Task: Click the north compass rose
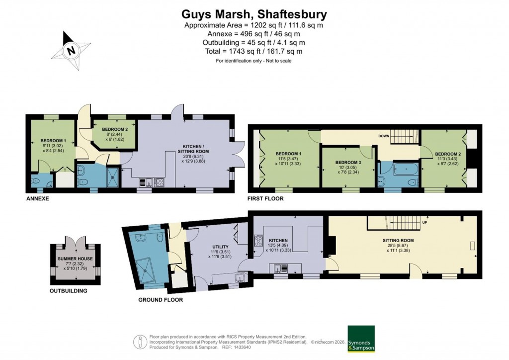(x=73, y=50)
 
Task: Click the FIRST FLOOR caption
(x=265, y=198)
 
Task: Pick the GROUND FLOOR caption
(x=161, y=300)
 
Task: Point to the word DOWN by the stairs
(x=383, y=135)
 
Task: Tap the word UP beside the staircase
(x=424, y=222)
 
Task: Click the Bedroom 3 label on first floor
(x=348, y=163)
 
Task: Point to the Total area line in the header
(x=254, y=51)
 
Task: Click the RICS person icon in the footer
(x=140, y=342)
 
